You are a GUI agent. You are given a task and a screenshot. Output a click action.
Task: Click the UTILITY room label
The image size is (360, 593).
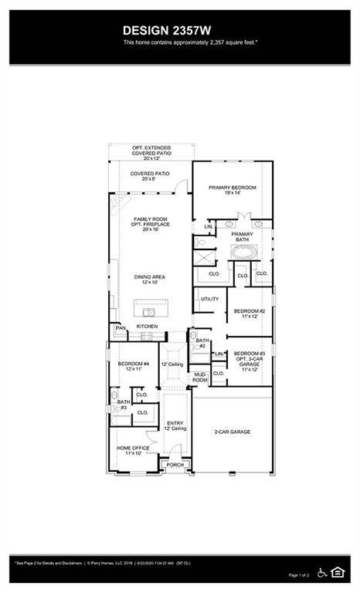coord(209,299)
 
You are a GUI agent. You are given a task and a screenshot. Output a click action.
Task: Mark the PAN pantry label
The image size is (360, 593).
coord(120,327)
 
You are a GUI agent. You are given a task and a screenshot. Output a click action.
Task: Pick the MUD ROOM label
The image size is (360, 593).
coord(199,378)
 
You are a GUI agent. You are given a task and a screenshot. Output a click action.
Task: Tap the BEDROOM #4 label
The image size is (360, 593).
coord(133,366)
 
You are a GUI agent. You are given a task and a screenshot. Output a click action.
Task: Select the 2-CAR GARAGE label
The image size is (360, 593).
coord(232,432)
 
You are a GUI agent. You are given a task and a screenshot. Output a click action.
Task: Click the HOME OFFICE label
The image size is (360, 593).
coord(133,449)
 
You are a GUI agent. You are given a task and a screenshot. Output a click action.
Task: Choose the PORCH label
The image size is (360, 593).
coord(175,465)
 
